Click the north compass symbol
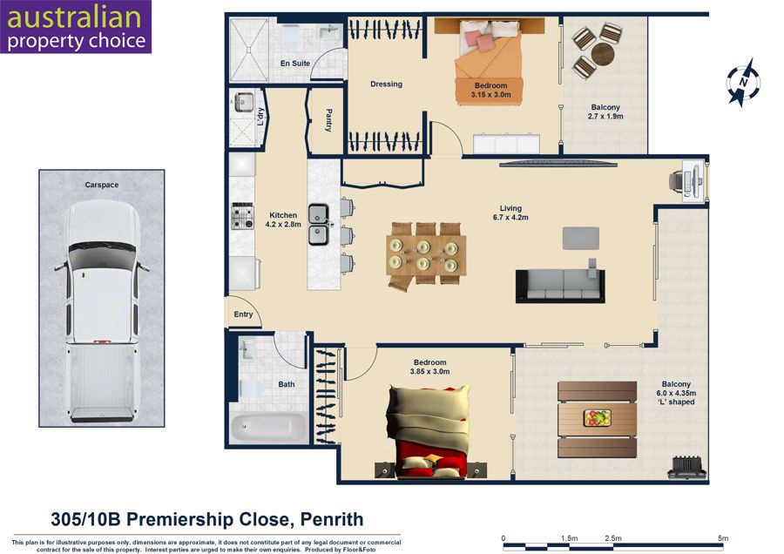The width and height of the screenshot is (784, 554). (743, 82)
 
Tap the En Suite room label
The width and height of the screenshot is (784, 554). (295, 64)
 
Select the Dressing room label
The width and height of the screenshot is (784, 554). (386, 84)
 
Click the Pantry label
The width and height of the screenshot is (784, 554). (328, 120)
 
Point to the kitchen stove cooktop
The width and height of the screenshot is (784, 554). (242, 216)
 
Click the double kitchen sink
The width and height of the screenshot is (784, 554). (318, 225)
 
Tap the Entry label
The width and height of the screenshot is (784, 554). (243, 314)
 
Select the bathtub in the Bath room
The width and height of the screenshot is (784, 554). (269, 428)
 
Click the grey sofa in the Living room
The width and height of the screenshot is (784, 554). (560, 286)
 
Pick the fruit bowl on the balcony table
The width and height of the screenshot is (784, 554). (597, 417)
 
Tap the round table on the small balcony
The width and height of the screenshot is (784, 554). (603, 53)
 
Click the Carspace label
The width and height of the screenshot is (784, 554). (102, 185)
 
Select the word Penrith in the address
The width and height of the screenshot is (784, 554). (332, 519)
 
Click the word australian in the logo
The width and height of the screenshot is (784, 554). (74, 17)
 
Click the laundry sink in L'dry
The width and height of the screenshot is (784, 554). (244, 103)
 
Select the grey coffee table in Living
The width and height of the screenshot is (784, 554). (580, 238)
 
